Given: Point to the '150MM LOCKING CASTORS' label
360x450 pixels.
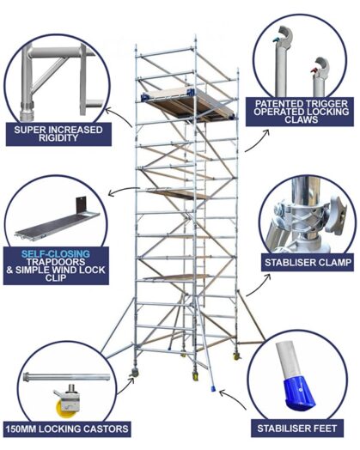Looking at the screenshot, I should pos(67,428).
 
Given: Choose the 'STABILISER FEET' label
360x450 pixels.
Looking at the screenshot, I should pos(302,427).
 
